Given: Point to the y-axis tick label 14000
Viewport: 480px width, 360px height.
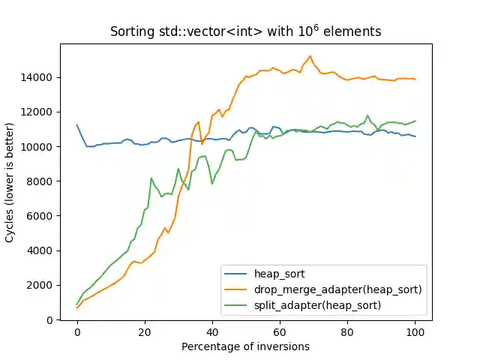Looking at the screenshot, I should pos(36,77).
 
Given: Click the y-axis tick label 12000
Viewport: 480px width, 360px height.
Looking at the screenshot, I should pos(36,112).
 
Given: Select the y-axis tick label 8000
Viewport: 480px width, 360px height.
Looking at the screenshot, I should pos(38,181).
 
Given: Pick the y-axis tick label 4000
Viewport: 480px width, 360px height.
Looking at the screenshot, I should pos(38,250).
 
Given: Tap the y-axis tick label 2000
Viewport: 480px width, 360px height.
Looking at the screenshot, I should pos(38,285).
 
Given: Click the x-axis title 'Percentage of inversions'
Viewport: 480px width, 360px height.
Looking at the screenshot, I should pos(245,346).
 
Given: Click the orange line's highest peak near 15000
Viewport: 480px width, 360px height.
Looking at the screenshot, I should pos(310,55).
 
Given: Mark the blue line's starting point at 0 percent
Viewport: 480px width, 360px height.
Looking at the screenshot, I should pos(77,125).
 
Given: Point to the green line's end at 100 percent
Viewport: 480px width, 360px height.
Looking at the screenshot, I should pos(415,121).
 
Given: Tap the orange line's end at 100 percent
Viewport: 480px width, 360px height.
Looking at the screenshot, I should pos(415,79).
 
